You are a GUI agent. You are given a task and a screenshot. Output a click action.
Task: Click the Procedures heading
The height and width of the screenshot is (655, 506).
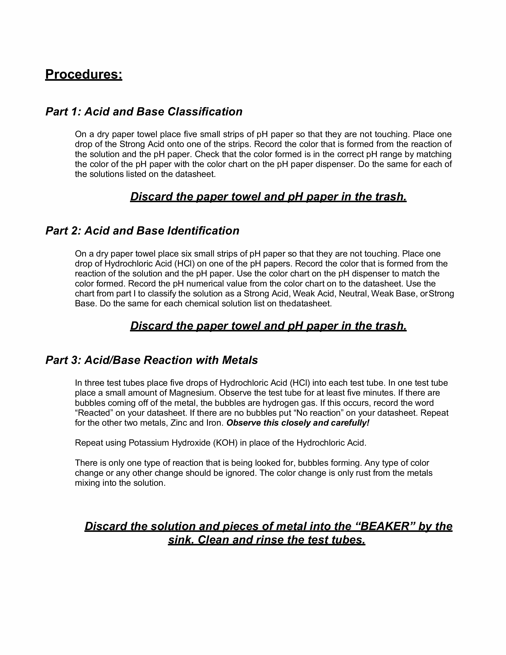(x=84, y=74)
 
